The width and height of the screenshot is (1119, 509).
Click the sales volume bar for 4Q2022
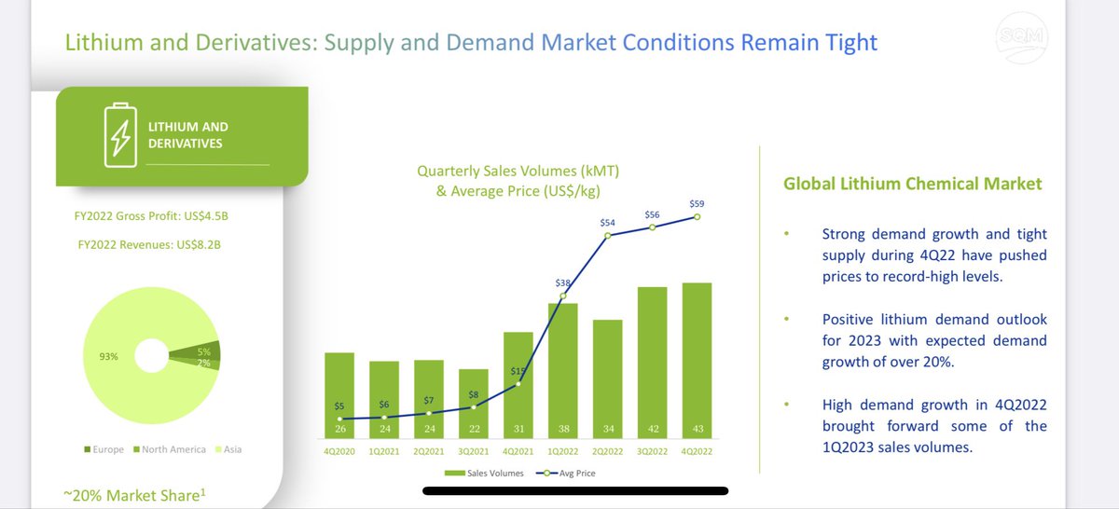[697, 364]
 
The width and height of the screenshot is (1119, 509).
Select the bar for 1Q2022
[562, 373]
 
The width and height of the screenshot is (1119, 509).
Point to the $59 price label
[697, 202]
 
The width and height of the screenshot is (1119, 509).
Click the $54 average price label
[608, 223]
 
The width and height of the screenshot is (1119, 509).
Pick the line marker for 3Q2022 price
[653, 227]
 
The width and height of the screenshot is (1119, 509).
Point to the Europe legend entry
[106, 449]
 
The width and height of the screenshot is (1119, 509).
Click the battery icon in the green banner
[117, 134]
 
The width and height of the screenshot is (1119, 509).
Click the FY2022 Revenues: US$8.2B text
[148, 245]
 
